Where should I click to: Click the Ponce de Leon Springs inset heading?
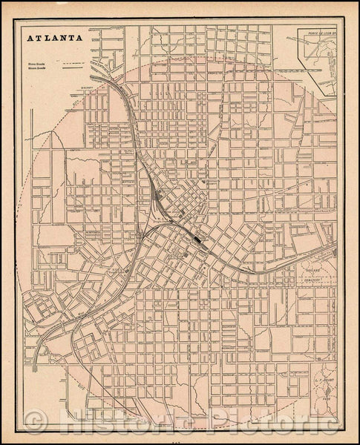tap(318, 32)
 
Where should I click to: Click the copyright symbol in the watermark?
tap(33, 423)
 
